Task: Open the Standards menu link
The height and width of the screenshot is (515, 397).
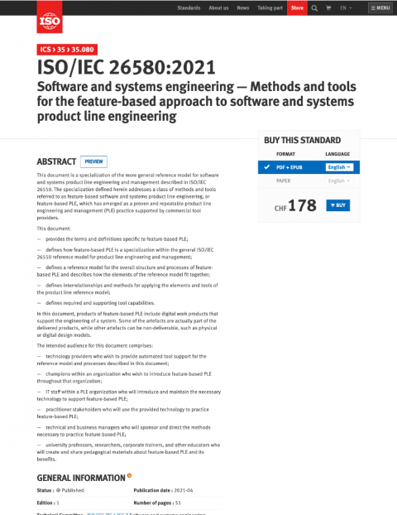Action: [189, 7]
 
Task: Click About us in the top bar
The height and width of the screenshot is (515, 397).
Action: [218, 7]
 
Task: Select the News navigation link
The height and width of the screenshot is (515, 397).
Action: [242, 7]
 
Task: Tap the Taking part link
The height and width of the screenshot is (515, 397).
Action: [270, 7]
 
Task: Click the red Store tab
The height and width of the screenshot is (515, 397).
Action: [298, 7]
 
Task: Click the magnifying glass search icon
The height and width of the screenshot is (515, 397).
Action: [314, 7]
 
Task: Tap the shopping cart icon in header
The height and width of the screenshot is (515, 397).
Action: [328, 7]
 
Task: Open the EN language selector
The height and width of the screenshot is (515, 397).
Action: [346, 7]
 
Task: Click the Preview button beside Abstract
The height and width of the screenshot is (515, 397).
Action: [93, 161]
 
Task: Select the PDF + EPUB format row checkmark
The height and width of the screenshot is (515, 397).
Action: [267, 166]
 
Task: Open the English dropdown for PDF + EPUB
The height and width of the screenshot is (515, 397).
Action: [339, 166]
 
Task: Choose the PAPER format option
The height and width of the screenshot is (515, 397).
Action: [283, 180]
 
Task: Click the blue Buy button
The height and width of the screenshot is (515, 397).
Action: [339, 205]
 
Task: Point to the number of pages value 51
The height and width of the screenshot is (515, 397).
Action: [178, 503]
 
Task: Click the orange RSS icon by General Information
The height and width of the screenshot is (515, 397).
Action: [129, 476]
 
